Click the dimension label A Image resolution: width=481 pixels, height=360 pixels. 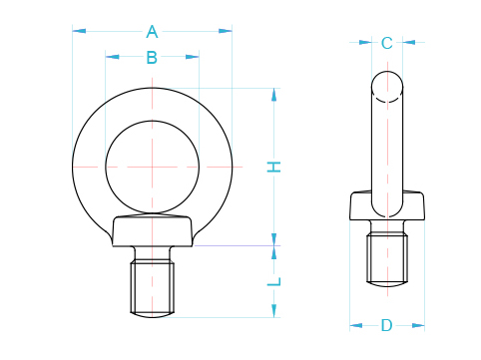pyautogui.click(x=152, y=30)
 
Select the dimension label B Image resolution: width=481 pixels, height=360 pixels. pyautogui.click(x=152, y=57)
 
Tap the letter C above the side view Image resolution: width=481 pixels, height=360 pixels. pyautogui.click(x=387, y=42)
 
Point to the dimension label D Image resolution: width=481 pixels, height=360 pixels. pyautogui.click(x=387, y=325)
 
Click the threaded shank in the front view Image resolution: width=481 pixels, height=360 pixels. pyautogui.click(x=152, y=287)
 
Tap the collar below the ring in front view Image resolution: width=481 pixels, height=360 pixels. pyautogui.click(x=152, y=231)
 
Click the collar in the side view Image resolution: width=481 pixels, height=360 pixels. pyautogui.click(x=387, y=207)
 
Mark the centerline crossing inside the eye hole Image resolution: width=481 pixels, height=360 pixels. pyautogui.click(x=152, y=165)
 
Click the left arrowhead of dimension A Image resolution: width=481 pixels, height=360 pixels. pyautogui.click(x=77, y=31)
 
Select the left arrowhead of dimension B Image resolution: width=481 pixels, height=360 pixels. pyautogui.click(x=110, y=57)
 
